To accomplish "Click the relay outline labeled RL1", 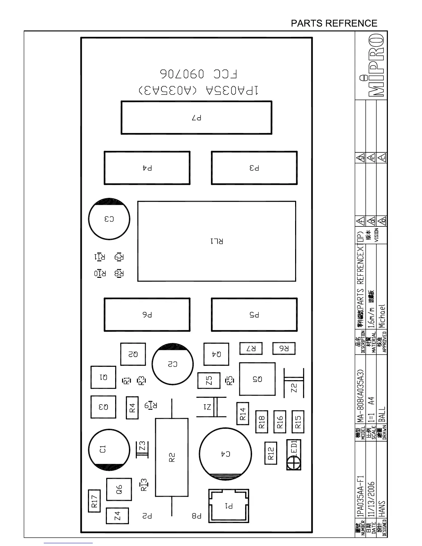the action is coord(217,241).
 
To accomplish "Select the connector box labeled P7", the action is coord(197,118).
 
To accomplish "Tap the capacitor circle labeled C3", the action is coord(109,219).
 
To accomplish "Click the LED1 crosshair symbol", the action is coord(293,462).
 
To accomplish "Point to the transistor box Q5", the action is coord(257,379).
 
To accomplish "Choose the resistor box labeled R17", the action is coord(94,501).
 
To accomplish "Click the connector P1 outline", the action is coord(229,506).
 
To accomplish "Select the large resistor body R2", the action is coord(172,457).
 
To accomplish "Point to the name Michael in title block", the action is coord(381,316).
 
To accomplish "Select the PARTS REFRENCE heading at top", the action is coord(334,23).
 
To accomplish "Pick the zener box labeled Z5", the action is coord(209,381).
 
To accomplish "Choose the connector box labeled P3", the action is coord(254,168).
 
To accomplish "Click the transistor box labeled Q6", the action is coord(119,489).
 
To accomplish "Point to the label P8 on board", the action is coord(197,516).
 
